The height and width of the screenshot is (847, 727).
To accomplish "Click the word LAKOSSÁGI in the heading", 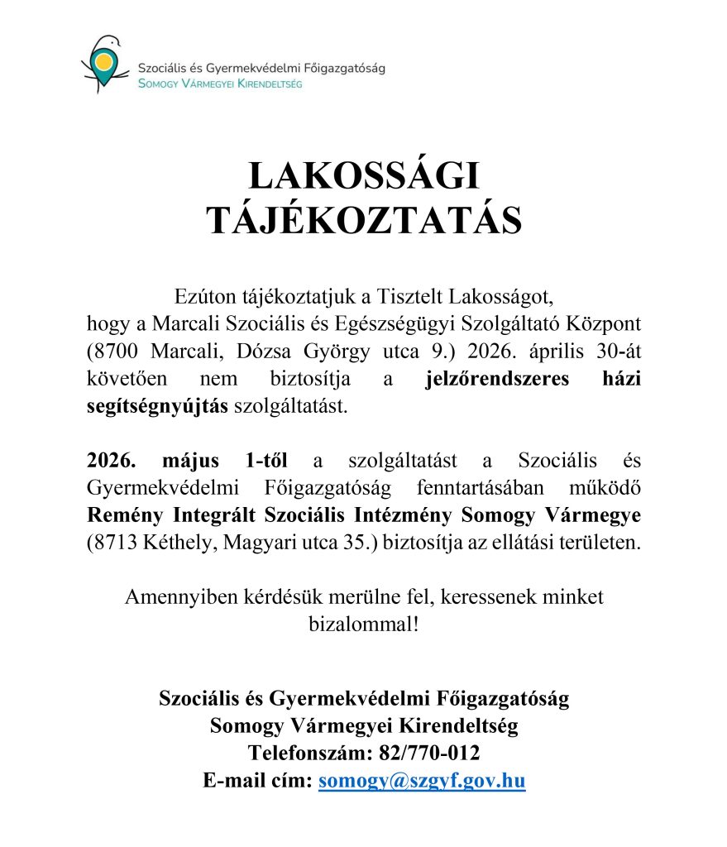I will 364,179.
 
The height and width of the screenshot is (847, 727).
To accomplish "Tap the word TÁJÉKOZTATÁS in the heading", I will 364,221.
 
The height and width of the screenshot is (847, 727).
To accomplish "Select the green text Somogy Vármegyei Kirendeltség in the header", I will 220,84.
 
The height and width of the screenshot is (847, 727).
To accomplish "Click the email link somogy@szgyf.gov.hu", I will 422,780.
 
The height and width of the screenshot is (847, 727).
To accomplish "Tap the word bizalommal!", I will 363,623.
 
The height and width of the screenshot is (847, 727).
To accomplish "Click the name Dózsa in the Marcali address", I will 273,351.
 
